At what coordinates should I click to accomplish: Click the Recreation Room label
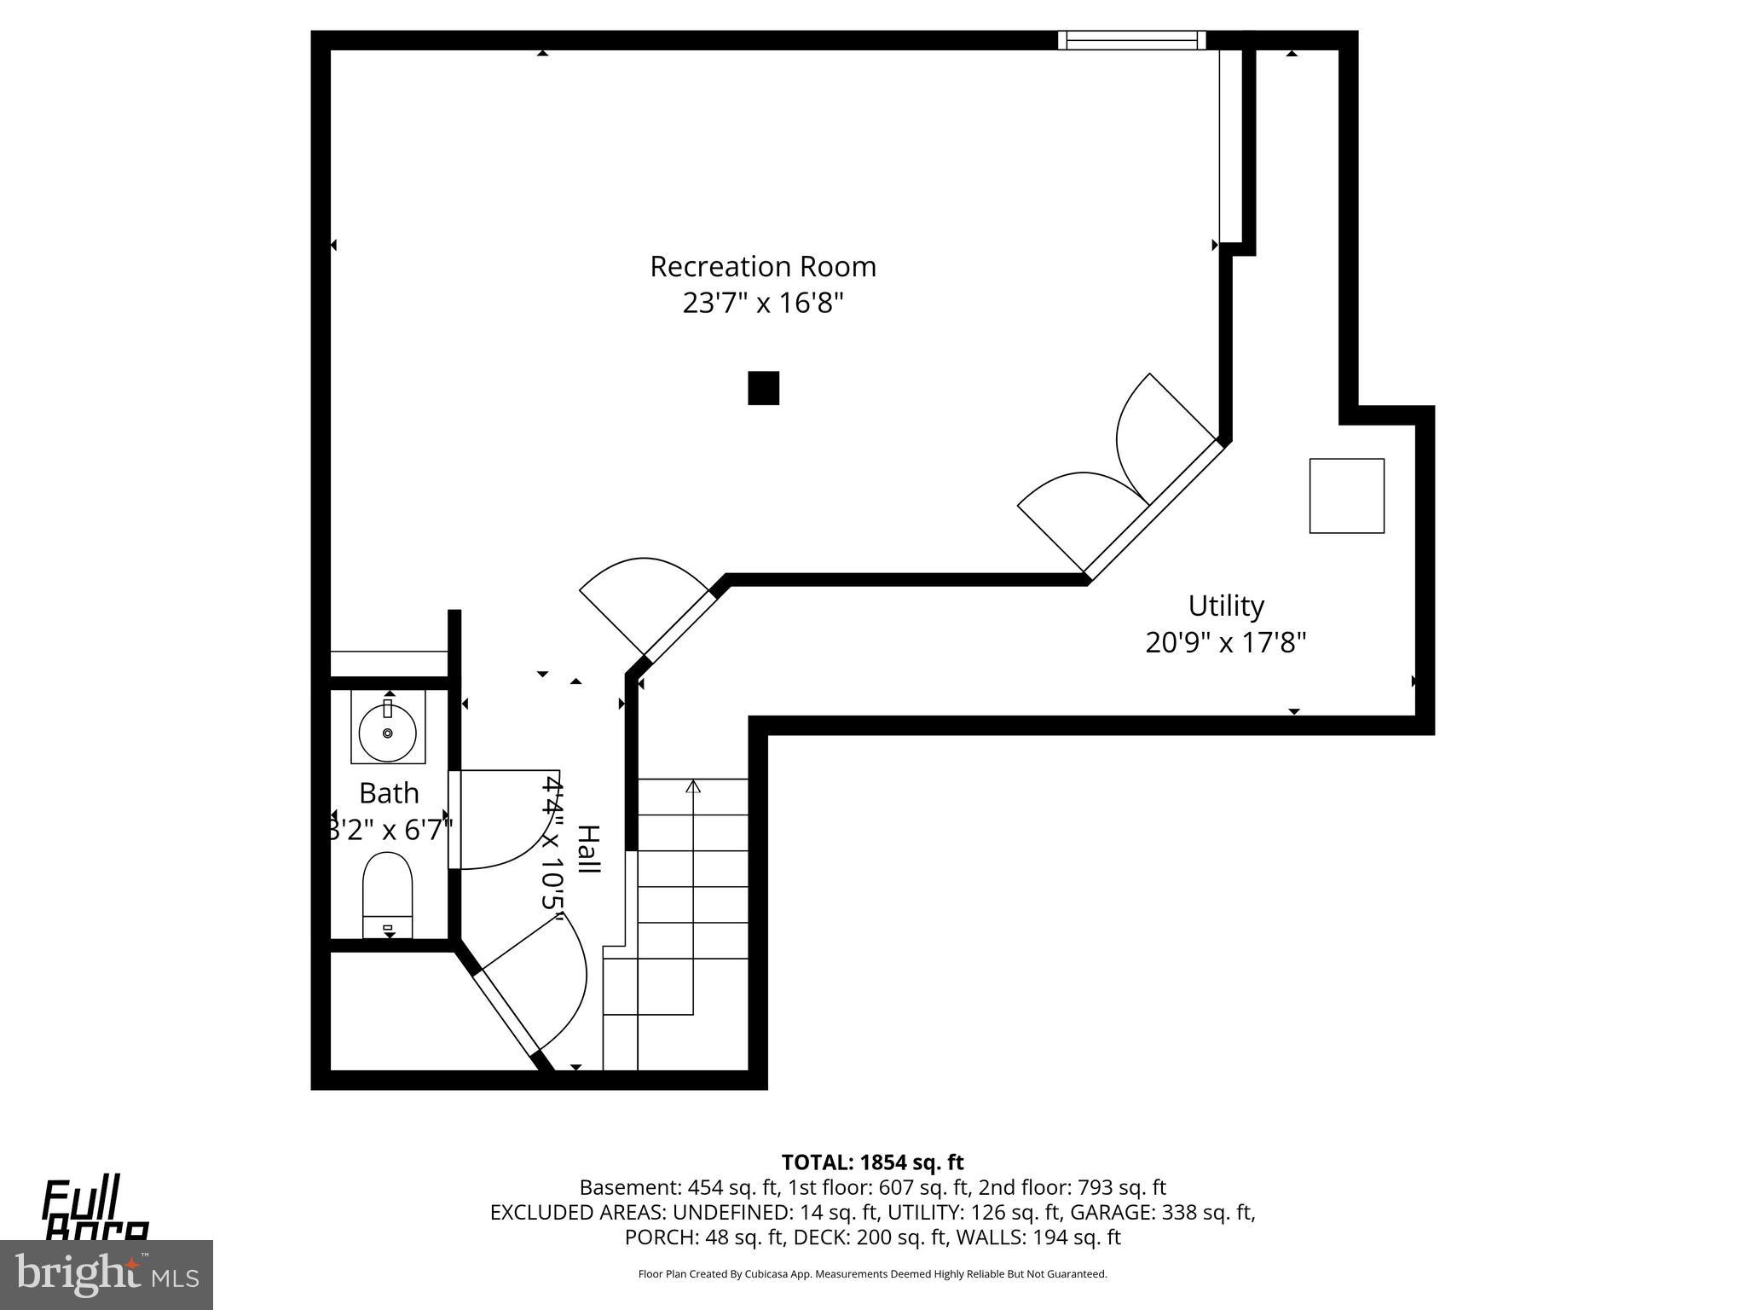coord(763,267)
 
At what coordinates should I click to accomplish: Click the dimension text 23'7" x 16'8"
coord(763,303)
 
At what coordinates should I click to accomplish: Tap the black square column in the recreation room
coord(764,388)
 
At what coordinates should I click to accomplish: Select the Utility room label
coord(1226,606)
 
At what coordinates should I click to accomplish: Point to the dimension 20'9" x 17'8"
coord(1226,642)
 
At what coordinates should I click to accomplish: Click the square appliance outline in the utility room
coord(1346,496)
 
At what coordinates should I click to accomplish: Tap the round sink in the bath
coord(387,732)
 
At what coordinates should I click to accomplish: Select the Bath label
coord(389,793)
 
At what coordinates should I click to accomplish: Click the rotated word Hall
coord(588,849)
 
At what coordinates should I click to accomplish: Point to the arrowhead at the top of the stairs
coord(693,786)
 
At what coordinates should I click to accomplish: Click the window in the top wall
coord(1132,40)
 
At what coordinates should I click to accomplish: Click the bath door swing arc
coord(512,823)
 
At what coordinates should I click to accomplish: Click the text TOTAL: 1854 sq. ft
coord(872,1162)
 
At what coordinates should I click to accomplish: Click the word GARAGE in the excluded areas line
coord(1111,1212)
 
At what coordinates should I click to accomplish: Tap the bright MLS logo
coord(107,1274)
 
